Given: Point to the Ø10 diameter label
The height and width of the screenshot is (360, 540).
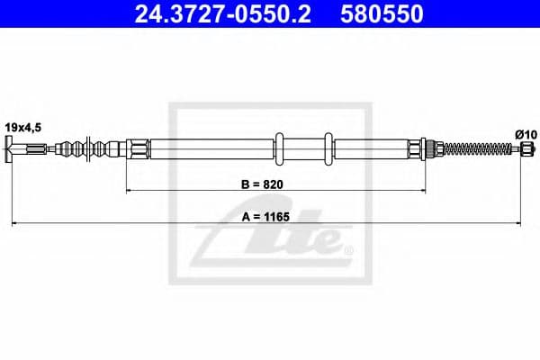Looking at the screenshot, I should [x=525, y=134].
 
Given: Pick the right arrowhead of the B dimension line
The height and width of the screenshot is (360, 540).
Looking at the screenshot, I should [x=419, y=191].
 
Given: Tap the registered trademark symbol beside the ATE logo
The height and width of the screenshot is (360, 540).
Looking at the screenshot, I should [x=347, y=247].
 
